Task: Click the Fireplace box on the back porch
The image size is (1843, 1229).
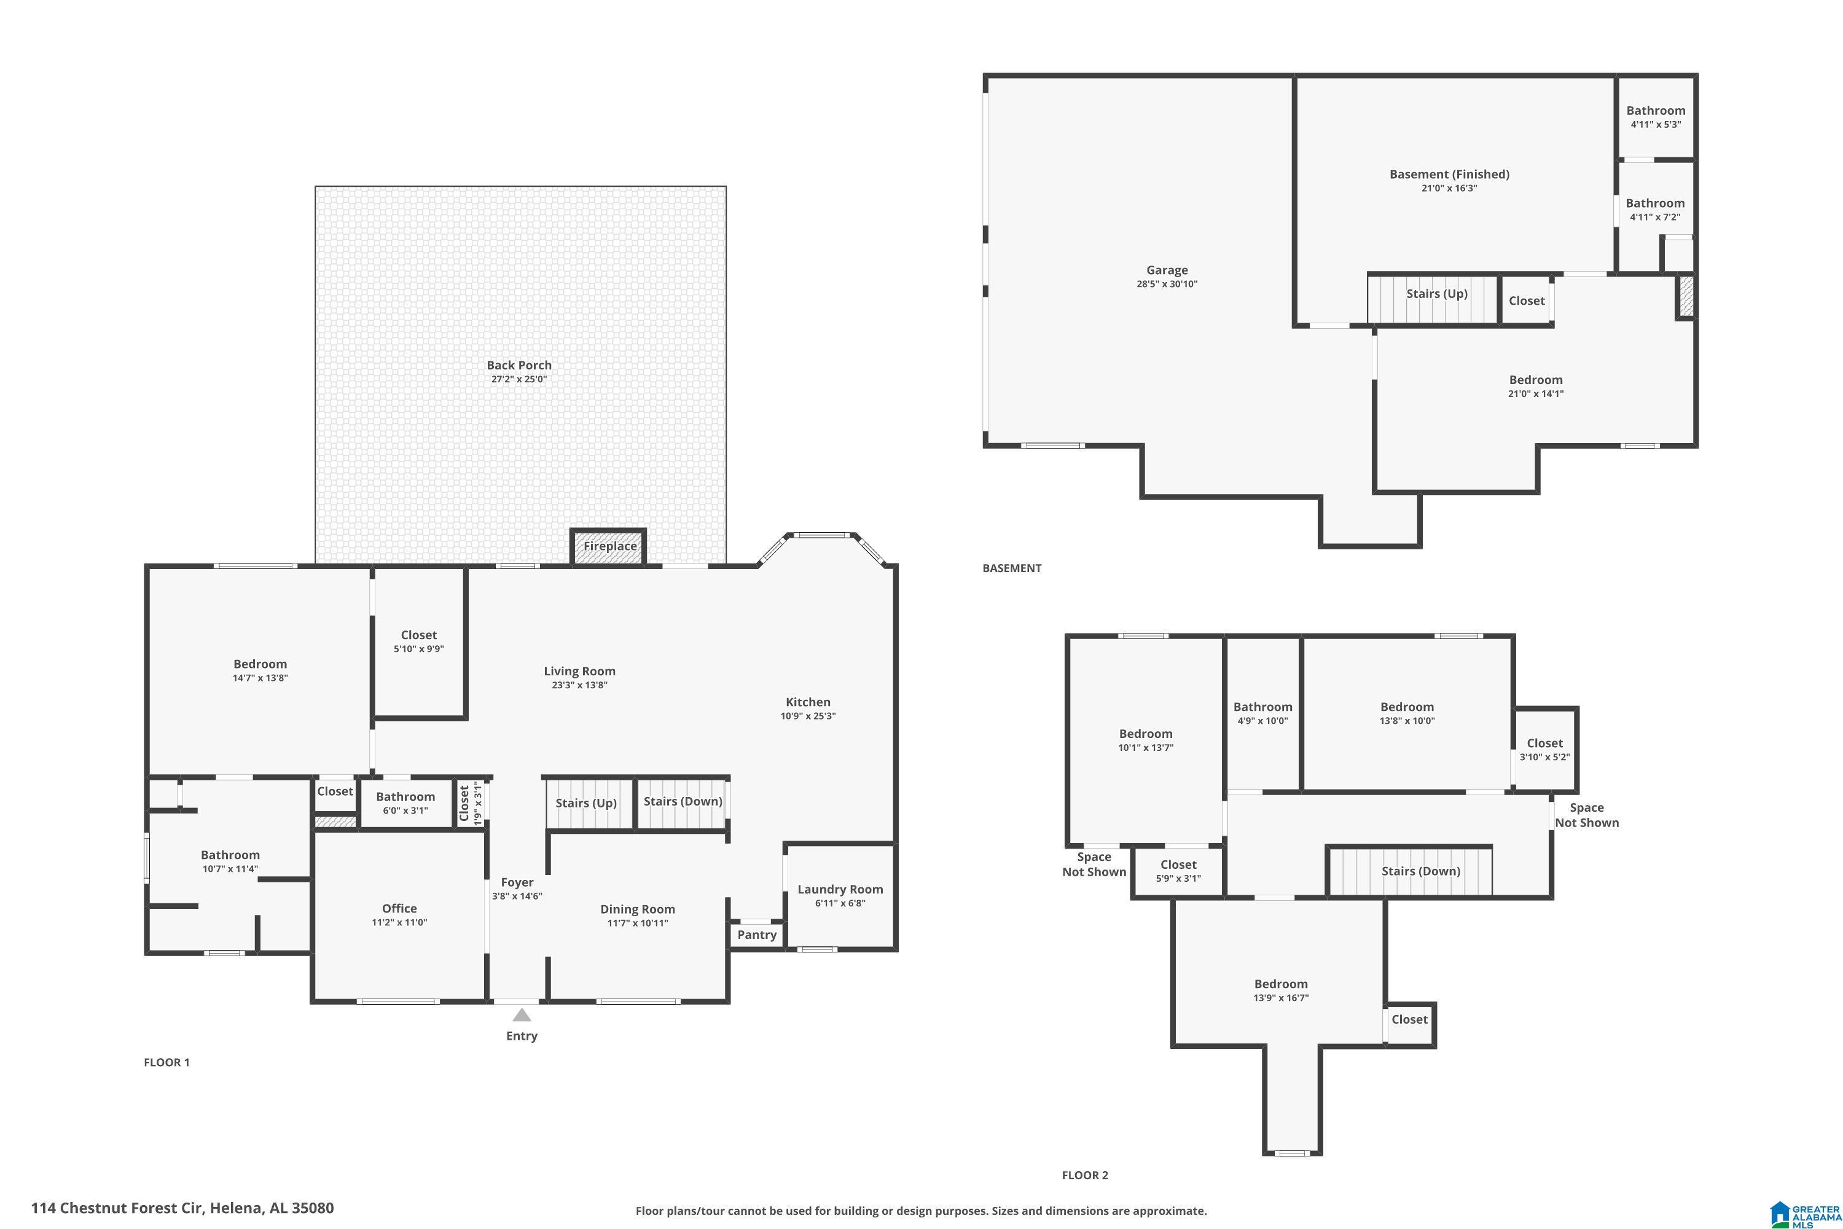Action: point(609,546)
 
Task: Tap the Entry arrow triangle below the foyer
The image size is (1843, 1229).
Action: point(522,1016)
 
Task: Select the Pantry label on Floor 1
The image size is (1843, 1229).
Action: point(756,934)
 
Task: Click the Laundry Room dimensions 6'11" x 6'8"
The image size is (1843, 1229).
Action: point(840,903)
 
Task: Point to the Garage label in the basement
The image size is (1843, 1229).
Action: point(1167,270)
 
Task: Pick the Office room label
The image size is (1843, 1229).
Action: point(399,908)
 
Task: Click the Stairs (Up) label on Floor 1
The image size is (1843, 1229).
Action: point(585,803)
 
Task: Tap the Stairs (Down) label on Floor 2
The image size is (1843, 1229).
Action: point(1420,871)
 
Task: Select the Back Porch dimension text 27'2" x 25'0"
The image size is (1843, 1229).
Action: point(518,379)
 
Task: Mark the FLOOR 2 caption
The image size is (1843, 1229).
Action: point(1084,1175)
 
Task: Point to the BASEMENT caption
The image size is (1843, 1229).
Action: point(1012,568)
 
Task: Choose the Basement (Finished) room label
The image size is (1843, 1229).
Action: point(1449,174)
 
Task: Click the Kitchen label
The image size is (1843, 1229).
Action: point(808,702)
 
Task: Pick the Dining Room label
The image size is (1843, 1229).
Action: point(637,909)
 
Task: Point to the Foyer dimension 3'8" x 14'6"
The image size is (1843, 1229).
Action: point(517,896)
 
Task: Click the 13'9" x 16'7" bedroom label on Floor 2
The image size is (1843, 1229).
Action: point(1280,984)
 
